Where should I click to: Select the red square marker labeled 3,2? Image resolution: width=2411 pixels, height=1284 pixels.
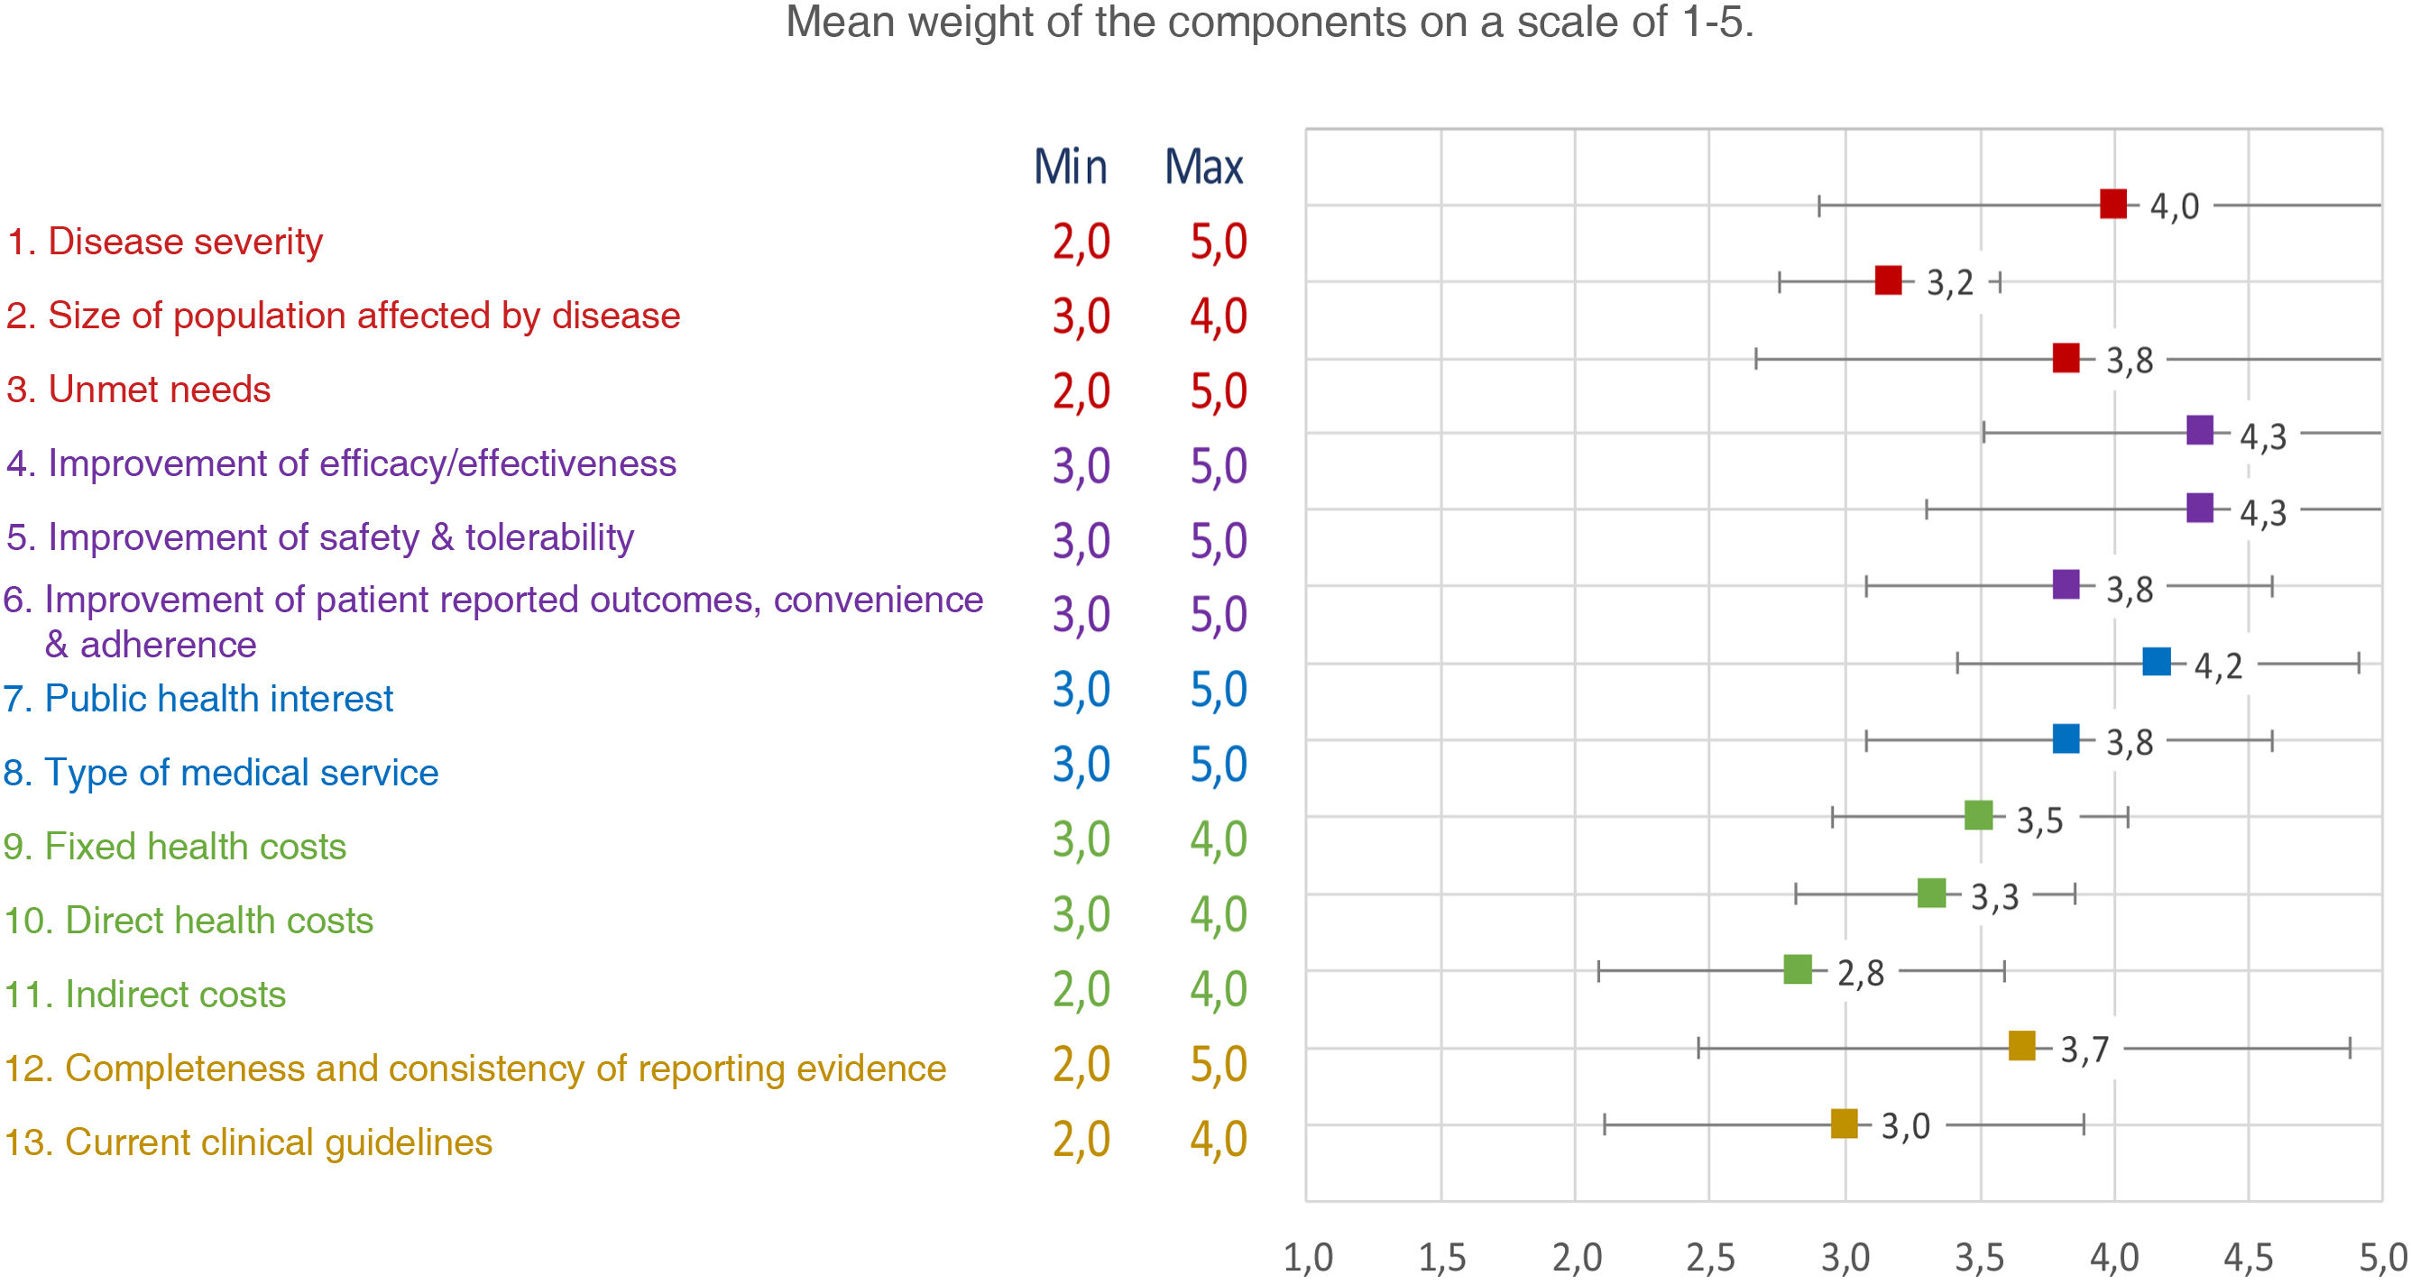1888,280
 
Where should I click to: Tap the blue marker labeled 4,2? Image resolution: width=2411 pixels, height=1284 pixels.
2157,662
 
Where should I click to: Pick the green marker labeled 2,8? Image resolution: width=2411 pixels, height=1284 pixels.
1797,968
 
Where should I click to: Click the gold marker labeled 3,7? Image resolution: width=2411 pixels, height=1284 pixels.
2021,1045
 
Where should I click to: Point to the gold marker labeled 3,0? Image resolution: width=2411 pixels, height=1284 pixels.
1844,1123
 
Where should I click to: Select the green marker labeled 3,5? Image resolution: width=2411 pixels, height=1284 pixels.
1978,815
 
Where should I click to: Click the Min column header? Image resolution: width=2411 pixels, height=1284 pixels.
1070,168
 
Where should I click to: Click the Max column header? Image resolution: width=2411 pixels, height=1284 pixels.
1203,168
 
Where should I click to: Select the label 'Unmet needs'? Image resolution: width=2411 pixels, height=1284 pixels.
139,390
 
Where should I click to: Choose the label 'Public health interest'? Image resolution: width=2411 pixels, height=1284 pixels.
198,698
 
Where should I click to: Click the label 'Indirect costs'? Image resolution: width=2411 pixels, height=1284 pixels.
145,994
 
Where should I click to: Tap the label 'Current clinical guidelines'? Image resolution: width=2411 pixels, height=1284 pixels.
248,1142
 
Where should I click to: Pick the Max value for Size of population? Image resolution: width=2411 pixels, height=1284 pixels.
1218,316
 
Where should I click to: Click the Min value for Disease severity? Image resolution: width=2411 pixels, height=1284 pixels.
1081,242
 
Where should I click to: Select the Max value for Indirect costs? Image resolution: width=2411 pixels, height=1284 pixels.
1218,989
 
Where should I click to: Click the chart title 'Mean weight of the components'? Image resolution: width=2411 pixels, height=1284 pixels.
1268,23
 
